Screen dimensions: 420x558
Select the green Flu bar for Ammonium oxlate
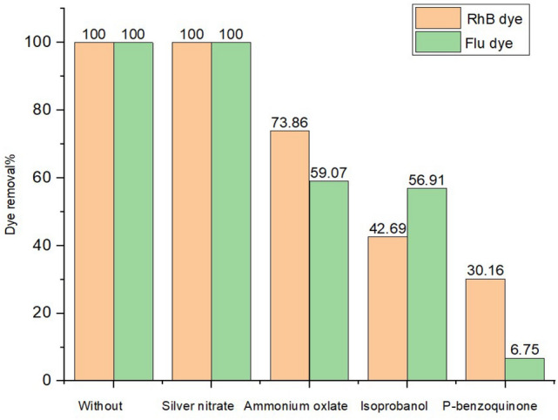[328, 281]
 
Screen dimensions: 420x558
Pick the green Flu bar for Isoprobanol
[427, 284]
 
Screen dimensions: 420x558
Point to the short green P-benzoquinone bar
[524, 369]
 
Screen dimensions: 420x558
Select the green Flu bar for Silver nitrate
[231, 211]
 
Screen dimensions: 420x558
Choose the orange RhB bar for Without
[94, 211]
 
